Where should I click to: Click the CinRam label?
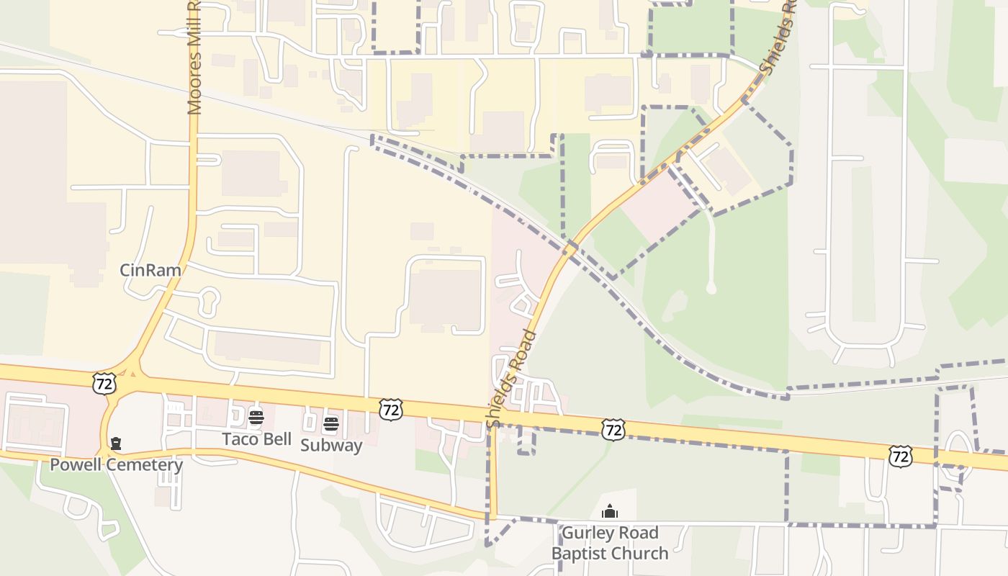[x=150, y=271]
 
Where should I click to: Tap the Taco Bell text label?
[x=256, y=439]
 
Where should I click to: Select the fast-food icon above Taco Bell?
[x=256, y=418]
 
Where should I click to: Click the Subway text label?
[x=331, y=445]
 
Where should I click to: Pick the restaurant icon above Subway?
[x=331, y=423]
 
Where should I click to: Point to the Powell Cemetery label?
[x=116, y=465]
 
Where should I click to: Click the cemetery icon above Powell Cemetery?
[x=116, y=443]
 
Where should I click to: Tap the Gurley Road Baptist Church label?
[x=610, y=543]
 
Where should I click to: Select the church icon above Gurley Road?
[x=610, y=512]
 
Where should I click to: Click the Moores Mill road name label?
[x=194, y=58]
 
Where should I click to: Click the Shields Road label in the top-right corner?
[x=779, y=36]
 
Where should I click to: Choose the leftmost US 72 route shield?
[x=104, y=383]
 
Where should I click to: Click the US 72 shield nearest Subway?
[x=390, y=410]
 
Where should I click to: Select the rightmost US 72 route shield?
[x=901, y=456]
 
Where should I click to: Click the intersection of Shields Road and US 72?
[x=495, y=416]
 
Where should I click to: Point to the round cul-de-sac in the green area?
[x=711, y=288]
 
